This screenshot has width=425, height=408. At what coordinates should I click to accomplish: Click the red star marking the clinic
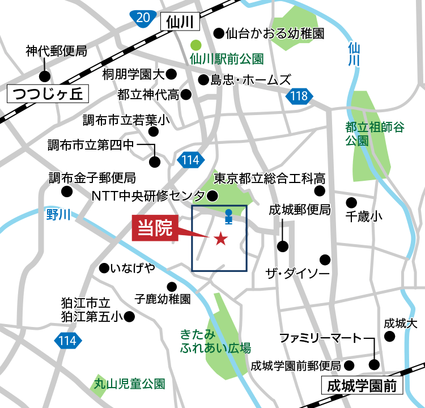coord(220,240)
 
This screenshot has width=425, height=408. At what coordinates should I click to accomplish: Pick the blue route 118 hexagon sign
coord(297,96)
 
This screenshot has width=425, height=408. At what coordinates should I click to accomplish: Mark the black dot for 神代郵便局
coord(44,76)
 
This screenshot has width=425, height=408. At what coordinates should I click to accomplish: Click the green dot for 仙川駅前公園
coord(195,44)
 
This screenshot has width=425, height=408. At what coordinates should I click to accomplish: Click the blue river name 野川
coord(58,214)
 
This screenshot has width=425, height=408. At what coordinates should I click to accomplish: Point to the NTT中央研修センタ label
coord(148,196)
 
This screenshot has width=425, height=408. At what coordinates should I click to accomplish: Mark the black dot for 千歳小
coord(351,202)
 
